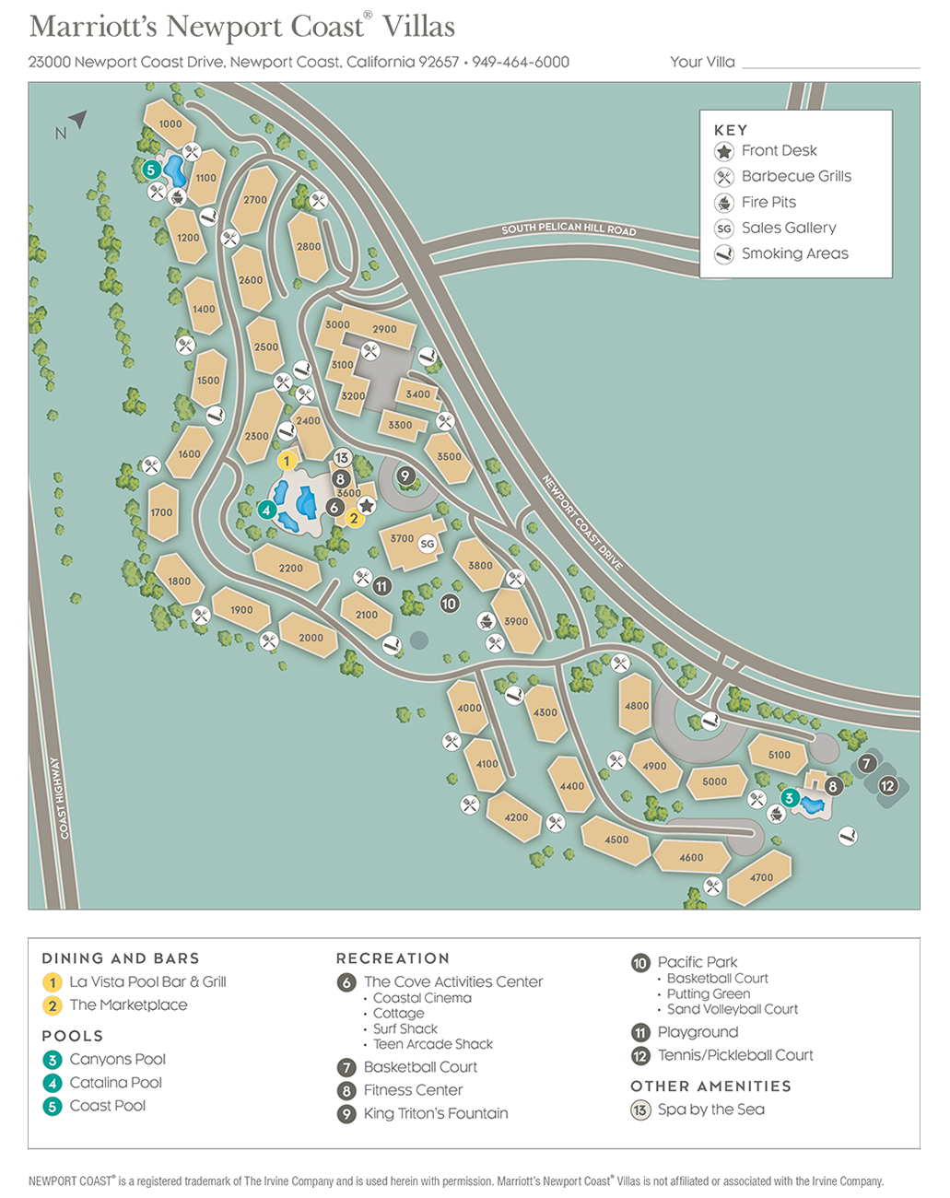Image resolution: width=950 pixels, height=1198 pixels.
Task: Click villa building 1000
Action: click(x=170, y=123)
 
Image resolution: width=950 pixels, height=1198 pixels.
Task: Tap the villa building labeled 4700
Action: click(x=761, y=877)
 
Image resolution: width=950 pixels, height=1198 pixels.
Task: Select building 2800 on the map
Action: click(x=309, y=246)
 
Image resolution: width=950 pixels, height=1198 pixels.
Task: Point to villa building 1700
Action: click(x=161, y=512)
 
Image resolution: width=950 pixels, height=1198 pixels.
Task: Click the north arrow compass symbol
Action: click(x=76, y=120)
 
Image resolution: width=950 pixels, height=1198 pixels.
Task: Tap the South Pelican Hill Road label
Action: click(x=569, y=229)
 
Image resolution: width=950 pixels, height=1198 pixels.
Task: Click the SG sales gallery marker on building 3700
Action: click(x=427, y=544)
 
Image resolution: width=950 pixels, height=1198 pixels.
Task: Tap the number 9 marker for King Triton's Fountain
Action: click(x=405, y=476)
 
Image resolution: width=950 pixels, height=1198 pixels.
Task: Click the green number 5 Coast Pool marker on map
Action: click(x=151, y=170)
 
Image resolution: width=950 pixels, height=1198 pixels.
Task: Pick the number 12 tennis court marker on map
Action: click(x=887, y=786)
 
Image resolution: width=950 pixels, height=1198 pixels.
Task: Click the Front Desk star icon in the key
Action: click(x=724, y=151)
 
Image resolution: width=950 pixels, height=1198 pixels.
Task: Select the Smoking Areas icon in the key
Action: click(x=724, y=254)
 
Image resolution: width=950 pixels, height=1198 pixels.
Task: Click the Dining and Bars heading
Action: click(x=120, y=958)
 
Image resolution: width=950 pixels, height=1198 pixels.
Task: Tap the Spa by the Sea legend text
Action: click(x=710, y=1110)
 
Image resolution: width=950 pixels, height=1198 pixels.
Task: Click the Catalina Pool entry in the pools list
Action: click(x=115, y=1083)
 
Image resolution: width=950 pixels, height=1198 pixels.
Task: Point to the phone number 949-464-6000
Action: click(x=521, y=62)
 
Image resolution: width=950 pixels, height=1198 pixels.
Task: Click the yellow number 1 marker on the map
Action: click(x=287, y=461)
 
